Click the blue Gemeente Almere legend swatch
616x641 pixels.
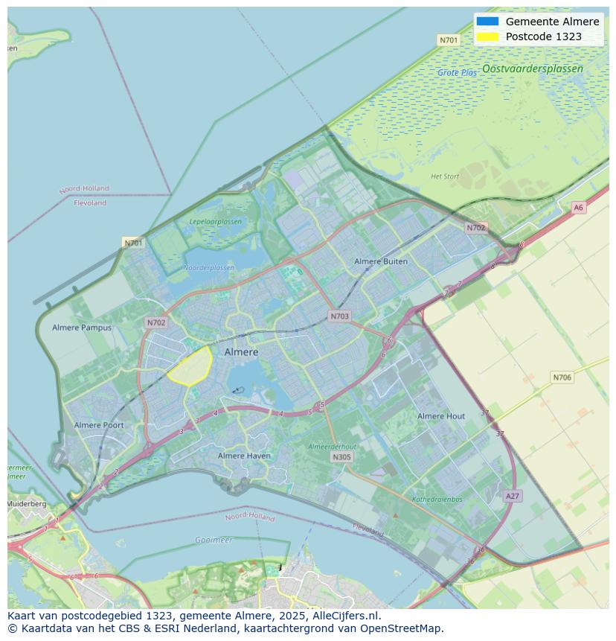(487, 22)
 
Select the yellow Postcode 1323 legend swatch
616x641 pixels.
(487, 36)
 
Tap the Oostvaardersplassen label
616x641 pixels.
(532, 68)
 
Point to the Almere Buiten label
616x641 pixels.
(381, 261)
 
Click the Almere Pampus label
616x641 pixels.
(82, 328)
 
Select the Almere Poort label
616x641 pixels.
(99, 425)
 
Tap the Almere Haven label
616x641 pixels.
(244, 456)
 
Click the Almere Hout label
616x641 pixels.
(440, 416)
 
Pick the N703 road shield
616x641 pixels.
(339, 316)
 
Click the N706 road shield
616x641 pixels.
(562, 377)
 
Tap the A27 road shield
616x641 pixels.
(512, 496)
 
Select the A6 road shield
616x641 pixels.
(578, 208)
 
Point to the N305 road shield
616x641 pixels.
(341, 457)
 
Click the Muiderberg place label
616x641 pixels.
(27, 504)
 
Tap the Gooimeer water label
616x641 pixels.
(214, 540)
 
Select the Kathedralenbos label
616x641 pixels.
(437, 500)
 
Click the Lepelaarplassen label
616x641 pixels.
(215, 222)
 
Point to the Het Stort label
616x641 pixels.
(445, 176)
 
